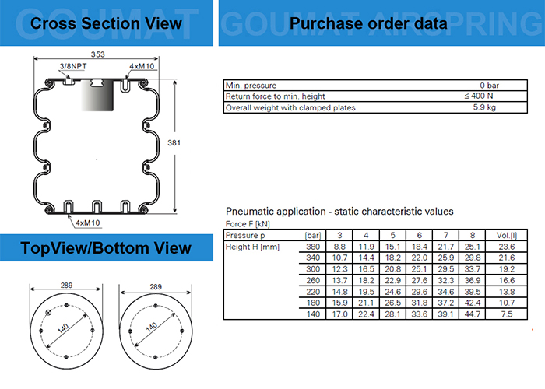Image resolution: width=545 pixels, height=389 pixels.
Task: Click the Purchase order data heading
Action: tap(368, 23)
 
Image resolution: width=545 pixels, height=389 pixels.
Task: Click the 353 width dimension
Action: tap(97, 54)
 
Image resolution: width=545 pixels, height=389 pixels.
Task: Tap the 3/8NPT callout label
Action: tap(72, 67)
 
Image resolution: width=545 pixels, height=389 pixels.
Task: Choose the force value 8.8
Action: tap(339, 247)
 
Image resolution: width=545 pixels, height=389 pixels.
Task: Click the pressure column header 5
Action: tap(392, 235)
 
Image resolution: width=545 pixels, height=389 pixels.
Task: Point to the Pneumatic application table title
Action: tap(339, 211)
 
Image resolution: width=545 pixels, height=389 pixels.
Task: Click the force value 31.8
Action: tap(419, 302)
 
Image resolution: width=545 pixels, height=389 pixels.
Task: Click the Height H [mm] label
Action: tap(253, 247)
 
